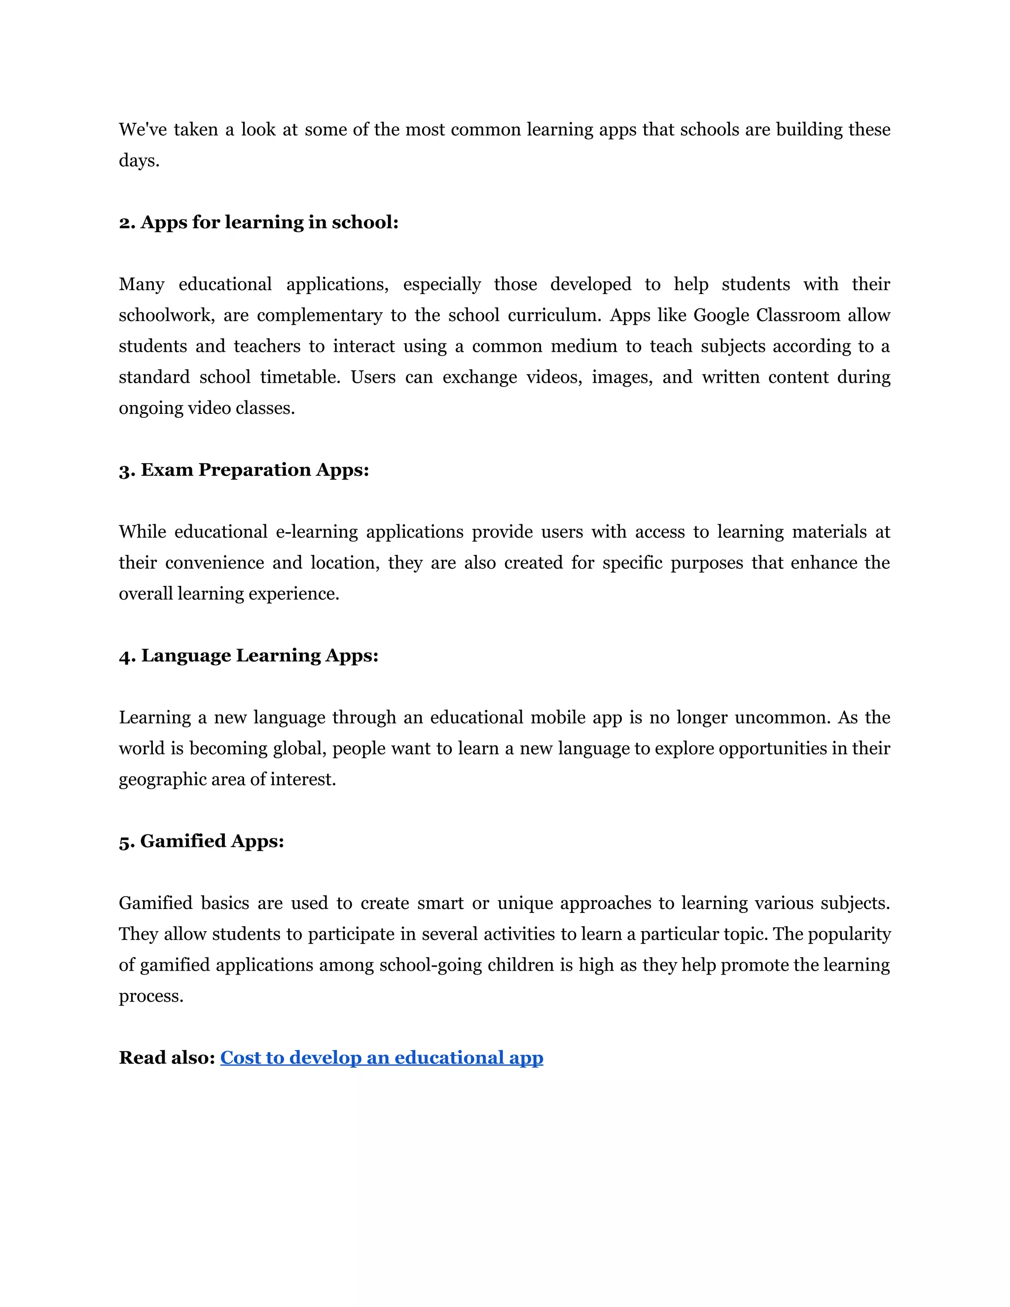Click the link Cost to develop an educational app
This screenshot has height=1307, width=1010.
(x=382, y=1057)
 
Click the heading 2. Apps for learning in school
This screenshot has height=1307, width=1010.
(x=258, y=222)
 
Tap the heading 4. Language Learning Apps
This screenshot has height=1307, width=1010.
(x=249, y=655)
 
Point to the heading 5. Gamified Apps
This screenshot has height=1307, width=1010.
(x=201, y=841)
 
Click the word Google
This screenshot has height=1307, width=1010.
(x=721, y=315)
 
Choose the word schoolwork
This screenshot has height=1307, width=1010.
(x=166, y=315)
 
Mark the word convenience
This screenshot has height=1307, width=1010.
(x=214, y=563)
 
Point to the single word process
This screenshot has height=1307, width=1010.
(x=151, y=996)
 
